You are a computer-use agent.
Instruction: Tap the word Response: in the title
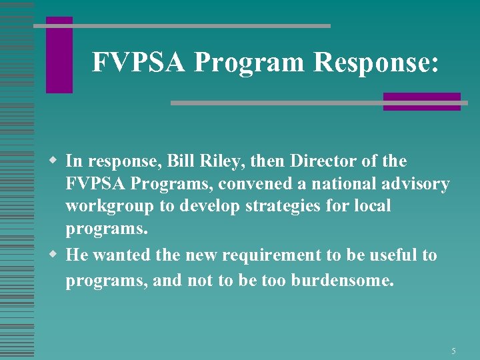pyautogui.click(x=376, y=62)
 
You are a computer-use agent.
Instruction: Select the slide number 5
pyautogui.click(x=453, y=351)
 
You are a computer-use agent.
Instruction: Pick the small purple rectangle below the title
pyautogui.click(x=421, y=101)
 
